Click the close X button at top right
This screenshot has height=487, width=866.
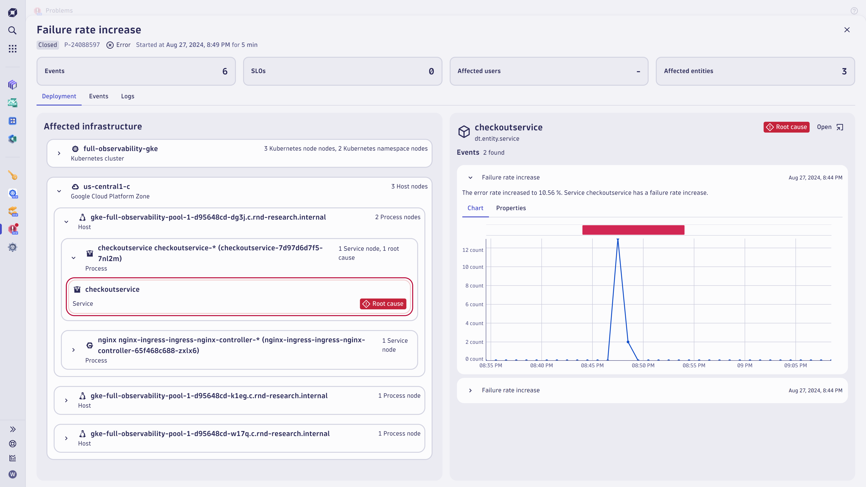pos(847,30)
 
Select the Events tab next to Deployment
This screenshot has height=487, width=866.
pos(99,96)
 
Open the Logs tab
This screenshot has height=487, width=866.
pos(127,96)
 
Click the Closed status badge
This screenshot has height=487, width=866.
pos(47,45)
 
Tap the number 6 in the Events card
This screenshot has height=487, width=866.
pos(225,71)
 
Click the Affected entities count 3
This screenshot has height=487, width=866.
pos(844,71)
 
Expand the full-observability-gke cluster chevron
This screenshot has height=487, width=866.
pos(59,153)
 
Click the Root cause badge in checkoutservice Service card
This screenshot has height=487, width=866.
pos(383,303)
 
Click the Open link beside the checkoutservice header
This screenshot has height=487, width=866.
pos(829,127)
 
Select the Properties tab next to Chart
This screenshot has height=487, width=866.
pos(511,208)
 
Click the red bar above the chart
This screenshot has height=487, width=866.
pos(633,230)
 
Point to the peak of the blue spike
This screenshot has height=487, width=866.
pos(617,239)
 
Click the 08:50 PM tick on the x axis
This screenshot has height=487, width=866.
pos(643,365)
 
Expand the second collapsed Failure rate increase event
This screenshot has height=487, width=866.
pos(470,390)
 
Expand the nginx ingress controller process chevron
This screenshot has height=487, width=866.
pos(74,350)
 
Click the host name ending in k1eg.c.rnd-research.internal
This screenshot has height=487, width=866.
pos(209,396)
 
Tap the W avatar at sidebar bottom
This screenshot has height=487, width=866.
pos(12,474)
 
